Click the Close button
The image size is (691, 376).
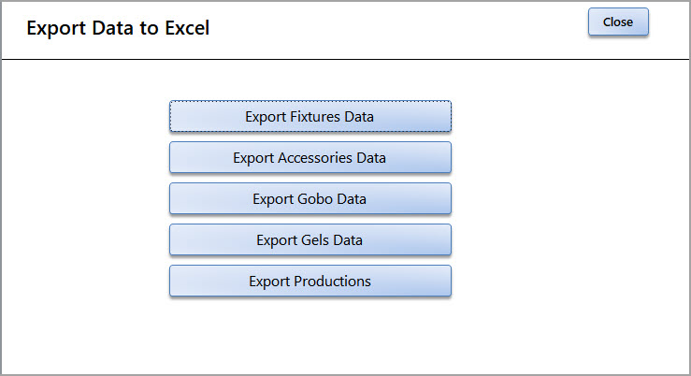point(618,22)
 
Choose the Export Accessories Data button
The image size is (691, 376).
point(310,157)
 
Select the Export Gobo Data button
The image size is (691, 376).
point(310,199)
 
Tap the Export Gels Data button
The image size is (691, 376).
point(310,239)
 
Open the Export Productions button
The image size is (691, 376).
point(310,281)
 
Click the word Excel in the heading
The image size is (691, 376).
point(187,28)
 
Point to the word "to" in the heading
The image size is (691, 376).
point(149,29)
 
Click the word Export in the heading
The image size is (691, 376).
point(56,29)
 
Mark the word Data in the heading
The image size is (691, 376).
point(112,28)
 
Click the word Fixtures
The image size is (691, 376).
point(315,116)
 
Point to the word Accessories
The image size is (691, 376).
point(315,158)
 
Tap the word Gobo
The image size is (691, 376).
point(315,199)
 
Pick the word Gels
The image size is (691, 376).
point(315,239)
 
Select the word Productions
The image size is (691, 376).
point(332,282)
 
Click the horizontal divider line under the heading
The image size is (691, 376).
point(346,59)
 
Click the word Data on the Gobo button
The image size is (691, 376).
point(352,199)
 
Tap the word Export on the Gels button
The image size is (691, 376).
point(277,240)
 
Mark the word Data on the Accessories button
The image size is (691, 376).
point(371,158)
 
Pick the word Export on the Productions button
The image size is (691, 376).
point(268,282)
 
